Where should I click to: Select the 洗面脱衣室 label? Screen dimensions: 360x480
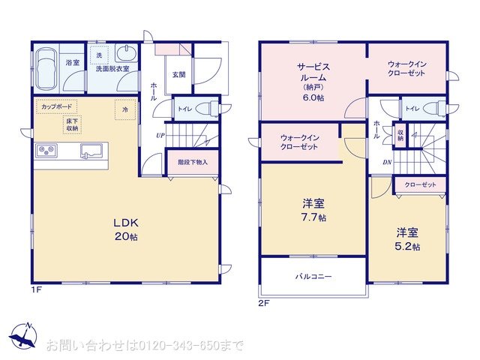click(111, 69)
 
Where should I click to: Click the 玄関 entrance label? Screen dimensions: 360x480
click(178, 74)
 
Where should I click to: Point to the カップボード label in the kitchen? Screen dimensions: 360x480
click(57, 107)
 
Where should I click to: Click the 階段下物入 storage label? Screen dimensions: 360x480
click(193, 162)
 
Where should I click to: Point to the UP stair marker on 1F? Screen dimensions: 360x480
click(160, 136)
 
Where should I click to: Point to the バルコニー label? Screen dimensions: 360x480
click(312, 277)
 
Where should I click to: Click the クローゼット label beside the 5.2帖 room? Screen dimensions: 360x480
click(420, 184)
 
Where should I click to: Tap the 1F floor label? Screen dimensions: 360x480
click(35, 289)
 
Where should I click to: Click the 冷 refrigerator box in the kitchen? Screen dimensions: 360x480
click(125, 109)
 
